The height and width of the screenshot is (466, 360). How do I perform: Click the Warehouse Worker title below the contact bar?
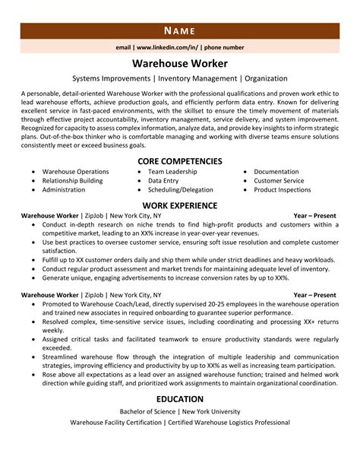[180, 63]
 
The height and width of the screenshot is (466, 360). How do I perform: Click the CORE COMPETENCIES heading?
[180, 161]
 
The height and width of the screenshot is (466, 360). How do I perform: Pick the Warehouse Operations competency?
[75, 172]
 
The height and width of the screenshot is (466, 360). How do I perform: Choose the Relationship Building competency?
[72, 181]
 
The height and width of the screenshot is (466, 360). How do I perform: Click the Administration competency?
[63, 190]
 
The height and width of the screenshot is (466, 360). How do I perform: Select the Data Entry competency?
[163, 181]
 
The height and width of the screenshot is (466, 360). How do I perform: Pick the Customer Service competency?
[279, 181]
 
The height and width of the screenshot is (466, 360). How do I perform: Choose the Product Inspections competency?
[283, 190]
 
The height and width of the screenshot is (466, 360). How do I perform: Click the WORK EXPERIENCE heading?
[180, 205]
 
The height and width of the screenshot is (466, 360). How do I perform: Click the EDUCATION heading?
[180, 399]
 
